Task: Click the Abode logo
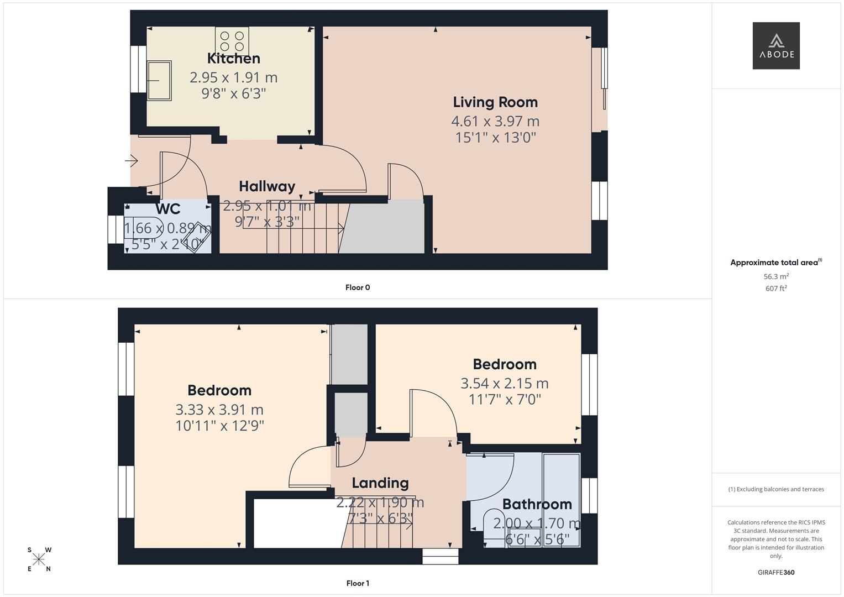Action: (776, 46)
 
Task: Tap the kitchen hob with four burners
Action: (232, 41)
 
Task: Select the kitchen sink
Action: (159, 80)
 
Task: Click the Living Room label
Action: (495, 102)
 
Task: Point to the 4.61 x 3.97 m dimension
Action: (495, 121)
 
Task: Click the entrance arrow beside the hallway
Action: (132, 161)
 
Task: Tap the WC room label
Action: (168, 209)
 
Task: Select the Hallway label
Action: (267, 186)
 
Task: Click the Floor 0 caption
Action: (358, 287)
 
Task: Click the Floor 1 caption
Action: (358, 583)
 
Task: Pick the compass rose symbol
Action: (39, 559)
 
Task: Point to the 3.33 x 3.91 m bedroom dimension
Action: (219, 410)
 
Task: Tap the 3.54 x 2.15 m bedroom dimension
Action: (505, 383)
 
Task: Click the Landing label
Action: (380, 483)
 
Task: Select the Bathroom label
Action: (537, 504)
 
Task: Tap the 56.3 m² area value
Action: (776, 276)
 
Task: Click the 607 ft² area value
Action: (776, 289)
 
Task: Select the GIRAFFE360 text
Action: (776, 572)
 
